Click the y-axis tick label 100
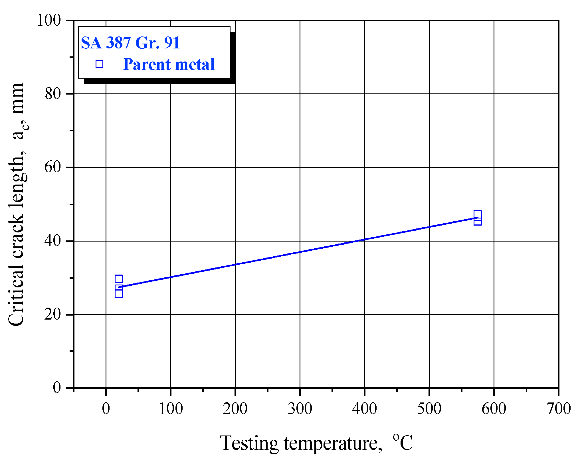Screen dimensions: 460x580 click(49, 21)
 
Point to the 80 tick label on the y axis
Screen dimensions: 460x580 click(53, 94)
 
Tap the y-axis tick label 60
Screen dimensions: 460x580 click(53, 167)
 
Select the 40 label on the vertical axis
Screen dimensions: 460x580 click(53, 241)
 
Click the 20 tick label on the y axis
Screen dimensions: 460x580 click(53, 314)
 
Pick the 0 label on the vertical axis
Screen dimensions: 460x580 click(57, 387)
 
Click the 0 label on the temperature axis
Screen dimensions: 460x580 click(106, 409)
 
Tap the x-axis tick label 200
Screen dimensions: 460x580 click(235, 409)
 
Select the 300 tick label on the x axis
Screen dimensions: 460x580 click(300, 409)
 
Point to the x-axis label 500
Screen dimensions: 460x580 click(429, 409)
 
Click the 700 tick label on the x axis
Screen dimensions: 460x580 click(558, 409)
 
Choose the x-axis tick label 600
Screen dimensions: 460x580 click(494, 409)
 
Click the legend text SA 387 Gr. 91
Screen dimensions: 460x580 click(130, 43)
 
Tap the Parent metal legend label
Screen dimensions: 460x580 click(169, 64)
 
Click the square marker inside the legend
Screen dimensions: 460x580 click(99, 64)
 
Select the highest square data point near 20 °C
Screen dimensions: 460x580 click(119, 279)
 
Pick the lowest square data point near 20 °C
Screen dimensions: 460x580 click(119, 294)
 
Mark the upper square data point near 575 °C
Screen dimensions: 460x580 click(478, 214)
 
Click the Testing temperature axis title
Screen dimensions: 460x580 click(316, 443)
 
